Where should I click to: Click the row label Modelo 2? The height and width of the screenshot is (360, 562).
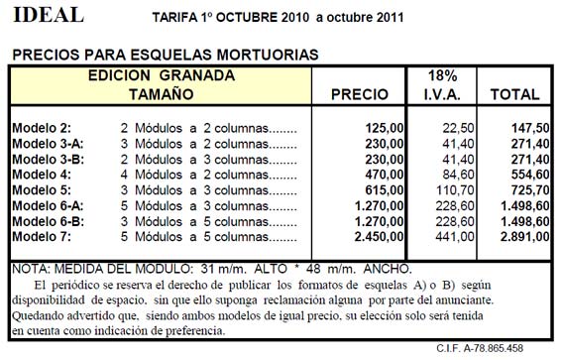(45, 128)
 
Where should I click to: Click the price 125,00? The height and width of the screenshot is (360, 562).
(386, 128)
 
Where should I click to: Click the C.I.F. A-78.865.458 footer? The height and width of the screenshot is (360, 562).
(495, 348)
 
